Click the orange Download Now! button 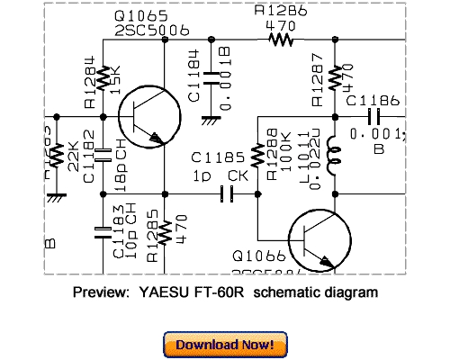coord(225,344)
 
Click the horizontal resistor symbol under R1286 coord(282,40)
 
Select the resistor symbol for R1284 coord(100,79)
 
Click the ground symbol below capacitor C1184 coord(210,116)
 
